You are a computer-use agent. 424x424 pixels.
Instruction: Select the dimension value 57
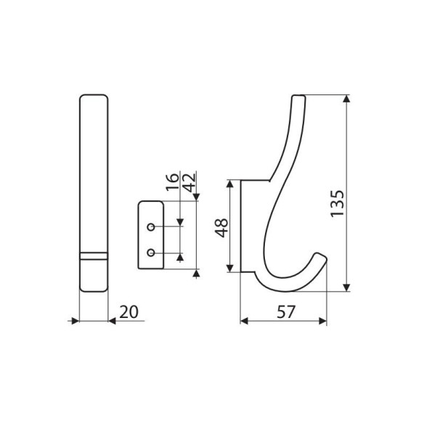pos(286,311)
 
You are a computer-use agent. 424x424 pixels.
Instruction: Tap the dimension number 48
pos(222,227)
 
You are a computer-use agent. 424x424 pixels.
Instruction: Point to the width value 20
pos(129,311)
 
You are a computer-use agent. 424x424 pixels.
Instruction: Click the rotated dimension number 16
pos(172,182)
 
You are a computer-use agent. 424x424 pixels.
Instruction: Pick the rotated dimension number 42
pos(189,182)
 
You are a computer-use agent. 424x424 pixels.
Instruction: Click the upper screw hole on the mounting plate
pos(150,227)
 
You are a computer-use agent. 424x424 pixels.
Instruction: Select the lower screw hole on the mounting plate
pos(150,252)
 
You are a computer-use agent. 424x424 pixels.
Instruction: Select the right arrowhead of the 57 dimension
pos(322,319)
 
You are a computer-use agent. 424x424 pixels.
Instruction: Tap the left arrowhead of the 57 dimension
pos(245,319)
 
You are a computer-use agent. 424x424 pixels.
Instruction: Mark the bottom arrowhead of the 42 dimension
pos(197,272)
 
